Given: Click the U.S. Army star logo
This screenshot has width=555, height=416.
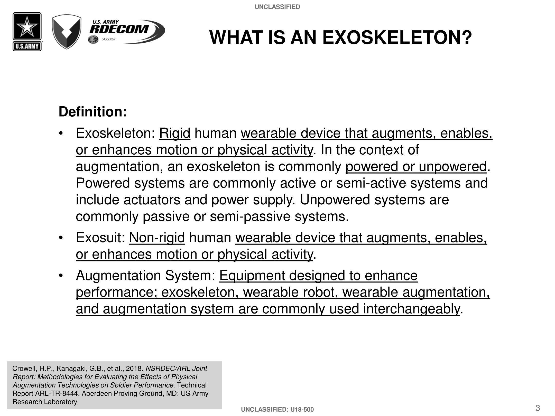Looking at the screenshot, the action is click(x=27, y=32).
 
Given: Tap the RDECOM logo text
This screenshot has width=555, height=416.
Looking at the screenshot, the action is click(x=119, y=29).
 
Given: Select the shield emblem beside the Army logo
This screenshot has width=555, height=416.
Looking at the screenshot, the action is click(x=67, y=32).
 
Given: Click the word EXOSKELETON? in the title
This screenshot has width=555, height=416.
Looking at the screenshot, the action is click(x=397, y=37).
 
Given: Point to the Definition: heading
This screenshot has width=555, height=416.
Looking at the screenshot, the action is click(x=93, y=112).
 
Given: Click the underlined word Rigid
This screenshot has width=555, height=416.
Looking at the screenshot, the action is click(x=175, y=133).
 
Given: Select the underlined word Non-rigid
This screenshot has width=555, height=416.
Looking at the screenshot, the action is click(x=157, y=238).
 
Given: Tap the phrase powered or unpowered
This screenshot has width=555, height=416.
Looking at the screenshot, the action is click(x=416, y=166).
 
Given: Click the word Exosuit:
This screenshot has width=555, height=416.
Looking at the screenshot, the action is click(x=100, y=238).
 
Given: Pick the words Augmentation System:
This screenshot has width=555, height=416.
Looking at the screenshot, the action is click(x=145, y=276).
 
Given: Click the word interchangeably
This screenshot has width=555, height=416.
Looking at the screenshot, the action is click(x=411, y=309).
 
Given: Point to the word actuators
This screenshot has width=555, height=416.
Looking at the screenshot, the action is click(x=152, y=200).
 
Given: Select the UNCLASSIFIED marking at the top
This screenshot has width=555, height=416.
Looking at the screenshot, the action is click(x=277, y=7).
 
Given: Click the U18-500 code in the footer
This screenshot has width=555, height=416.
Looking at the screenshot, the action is click(x=302, y=410).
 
